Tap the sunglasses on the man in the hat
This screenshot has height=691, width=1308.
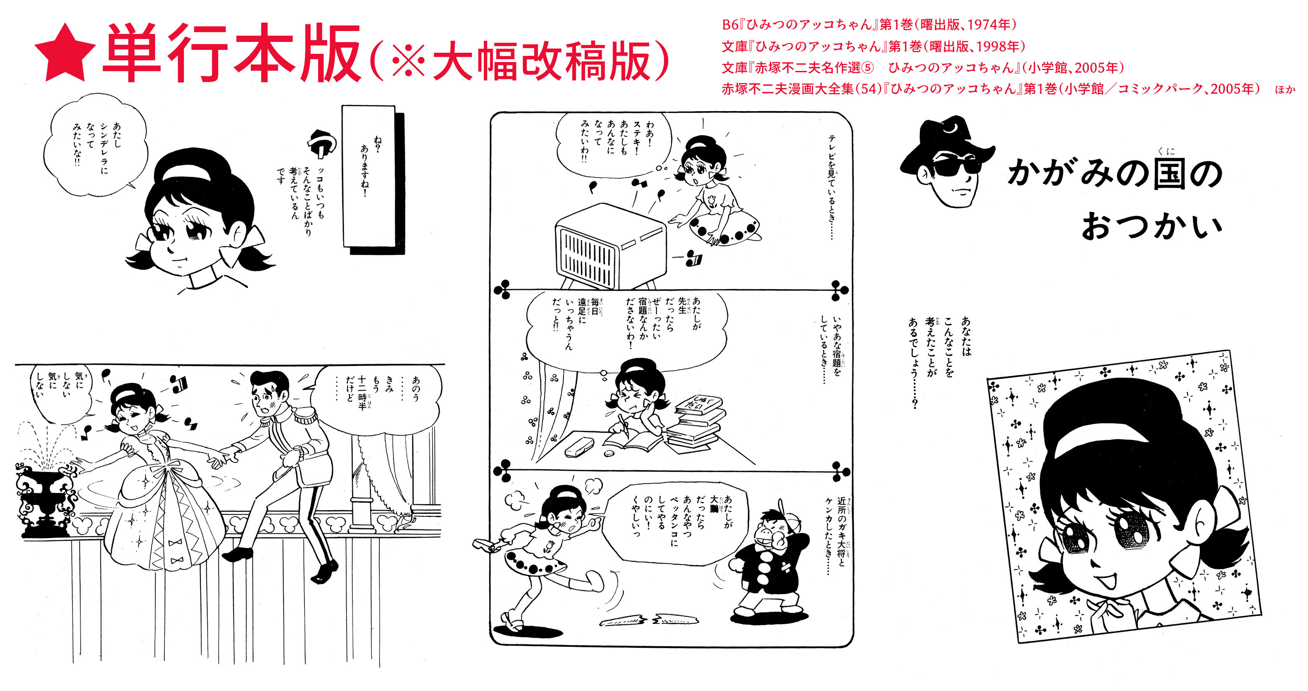[958, 164]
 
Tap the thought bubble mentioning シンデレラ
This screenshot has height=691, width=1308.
[95, 145]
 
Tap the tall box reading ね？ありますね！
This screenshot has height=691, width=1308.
[369, 176]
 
